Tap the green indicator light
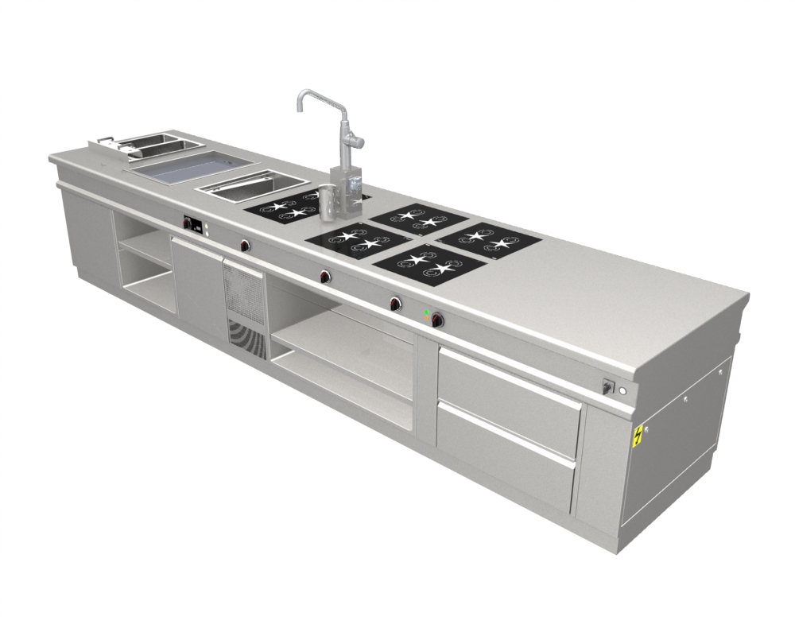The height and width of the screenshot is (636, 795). (x=427, y=310)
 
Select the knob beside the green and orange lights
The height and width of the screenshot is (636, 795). (x=437, y=320)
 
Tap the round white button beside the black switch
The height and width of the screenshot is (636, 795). (x=622, y=390)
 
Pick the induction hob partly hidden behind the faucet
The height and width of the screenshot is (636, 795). (x=282, y=209)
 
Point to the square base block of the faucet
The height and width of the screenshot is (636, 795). (x=347, y=191)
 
